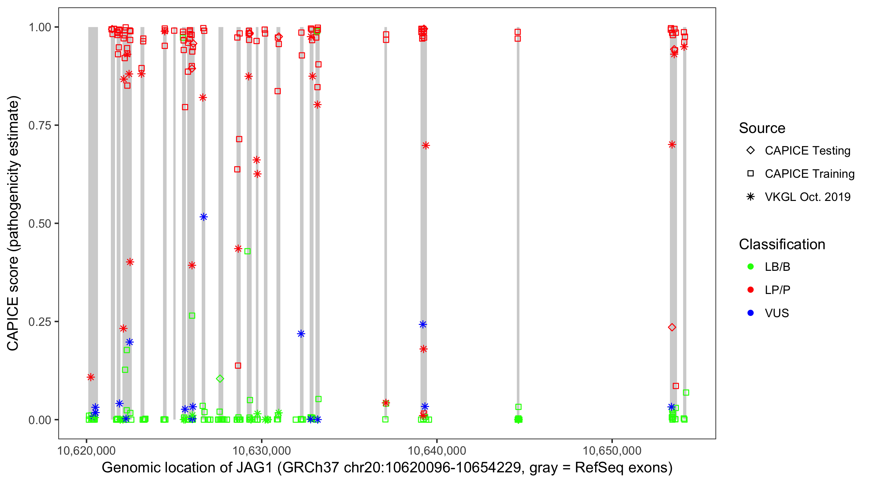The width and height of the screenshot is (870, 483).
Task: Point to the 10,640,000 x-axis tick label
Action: (437, 451)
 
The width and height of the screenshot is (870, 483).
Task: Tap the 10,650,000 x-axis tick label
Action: (612, 451)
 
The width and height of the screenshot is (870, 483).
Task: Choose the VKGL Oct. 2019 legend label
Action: (807, 197)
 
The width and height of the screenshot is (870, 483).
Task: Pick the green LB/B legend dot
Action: (750, 267)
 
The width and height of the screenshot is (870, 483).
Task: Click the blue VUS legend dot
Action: (750, 313)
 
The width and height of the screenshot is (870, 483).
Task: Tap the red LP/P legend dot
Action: (750, 290)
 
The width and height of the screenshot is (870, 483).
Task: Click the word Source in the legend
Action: (762, 128)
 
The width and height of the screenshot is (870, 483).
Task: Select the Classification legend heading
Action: (782, 244)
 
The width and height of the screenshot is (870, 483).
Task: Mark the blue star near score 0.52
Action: (204, 217)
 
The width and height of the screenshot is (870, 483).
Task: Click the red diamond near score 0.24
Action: (672, 327)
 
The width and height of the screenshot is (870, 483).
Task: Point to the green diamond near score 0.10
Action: (220, 379)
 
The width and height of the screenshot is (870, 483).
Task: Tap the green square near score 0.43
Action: (247, 251)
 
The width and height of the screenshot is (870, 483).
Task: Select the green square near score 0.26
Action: (192, 316)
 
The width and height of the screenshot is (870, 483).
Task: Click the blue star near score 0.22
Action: (301, 334)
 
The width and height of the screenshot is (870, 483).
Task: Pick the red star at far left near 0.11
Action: (91, 377)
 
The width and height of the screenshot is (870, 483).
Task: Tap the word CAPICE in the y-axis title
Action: (13, 324)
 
